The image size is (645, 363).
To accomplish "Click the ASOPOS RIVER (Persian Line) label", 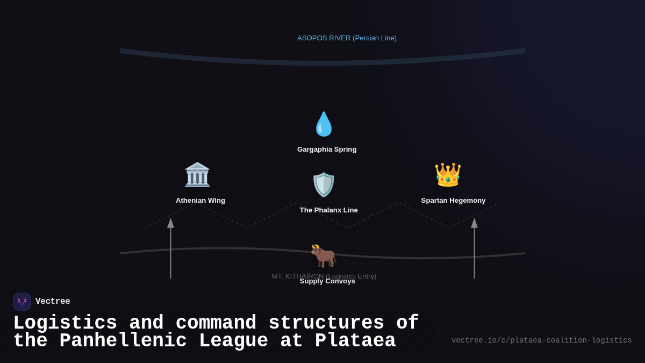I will [347, 38].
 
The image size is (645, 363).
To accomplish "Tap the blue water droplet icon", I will [324, 124].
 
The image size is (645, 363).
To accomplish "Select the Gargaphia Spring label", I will [327, 150].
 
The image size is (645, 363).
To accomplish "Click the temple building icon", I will [197, 175].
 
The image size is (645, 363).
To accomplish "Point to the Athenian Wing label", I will [200, 201].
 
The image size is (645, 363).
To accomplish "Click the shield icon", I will [324, 184].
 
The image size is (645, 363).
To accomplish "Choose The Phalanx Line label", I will [328, 210].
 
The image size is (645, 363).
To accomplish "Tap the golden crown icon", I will [448, 175].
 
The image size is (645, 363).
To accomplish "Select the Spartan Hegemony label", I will [453, 201].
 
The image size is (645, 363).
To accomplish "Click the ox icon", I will [324, 255].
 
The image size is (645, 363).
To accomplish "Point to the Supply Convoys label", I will [327, 281].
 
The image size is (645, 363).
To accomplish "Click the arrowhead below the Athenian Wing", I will [170, 223].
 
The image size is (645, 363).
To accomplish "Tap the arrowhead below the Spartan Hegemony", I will [474, 223].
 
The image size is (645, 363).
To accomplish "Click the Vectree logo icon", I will [22, 302].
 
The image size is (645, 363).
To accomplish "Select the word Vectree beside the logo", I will [53, 302].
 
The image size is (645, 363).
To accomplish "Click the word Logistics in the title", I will [65, 323].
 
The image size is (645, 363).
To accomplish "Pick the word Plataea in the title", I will [355, 341].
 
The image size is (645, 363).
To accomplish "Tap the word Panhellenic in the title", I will [123, 341].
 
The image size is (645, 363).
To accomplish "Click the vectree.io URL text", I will [541, 340].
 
